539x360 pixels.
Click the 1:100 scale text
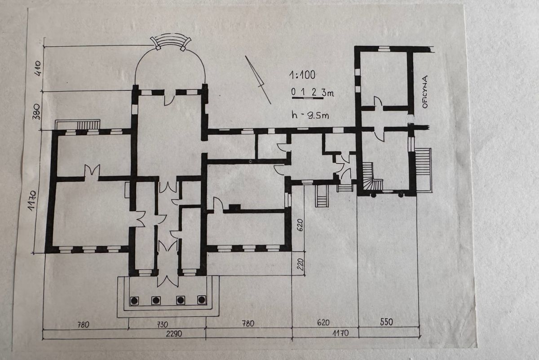pyautogui.click(x=302, y=75)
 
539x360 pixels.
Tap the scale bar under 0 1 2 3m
pyautogui.click(x=308, y=98)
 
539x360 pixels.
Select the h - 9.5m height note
pyautogui.click(x=310, y=115)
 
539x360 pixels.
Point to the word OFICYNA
pyautogui.click(x=425, y=92)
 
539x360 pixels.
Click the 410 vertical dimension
pyautogui.click(x=38, y=69)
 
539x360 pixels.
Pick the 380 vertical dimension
pyautogui.click(x=36, y=112)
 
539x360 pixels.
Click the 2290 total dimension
pyautogui.click(x=174, y=333)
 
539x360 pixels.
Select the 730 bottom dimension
pyautogui.click(x=162, y=324)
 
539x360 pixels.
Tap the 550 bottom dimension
pyautogui.click(x=386, y=322)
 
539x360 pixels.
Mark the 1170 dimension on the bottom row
pyautogui.click(x=340, y=333)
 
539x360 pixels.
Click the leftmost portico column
pyautogui.click(x=134, y=301)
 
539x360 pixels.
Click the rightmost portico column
pyautogui.click(x=201, y=300)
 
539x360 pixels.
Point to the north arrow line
pyautogui.click(x=258, y=80)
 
